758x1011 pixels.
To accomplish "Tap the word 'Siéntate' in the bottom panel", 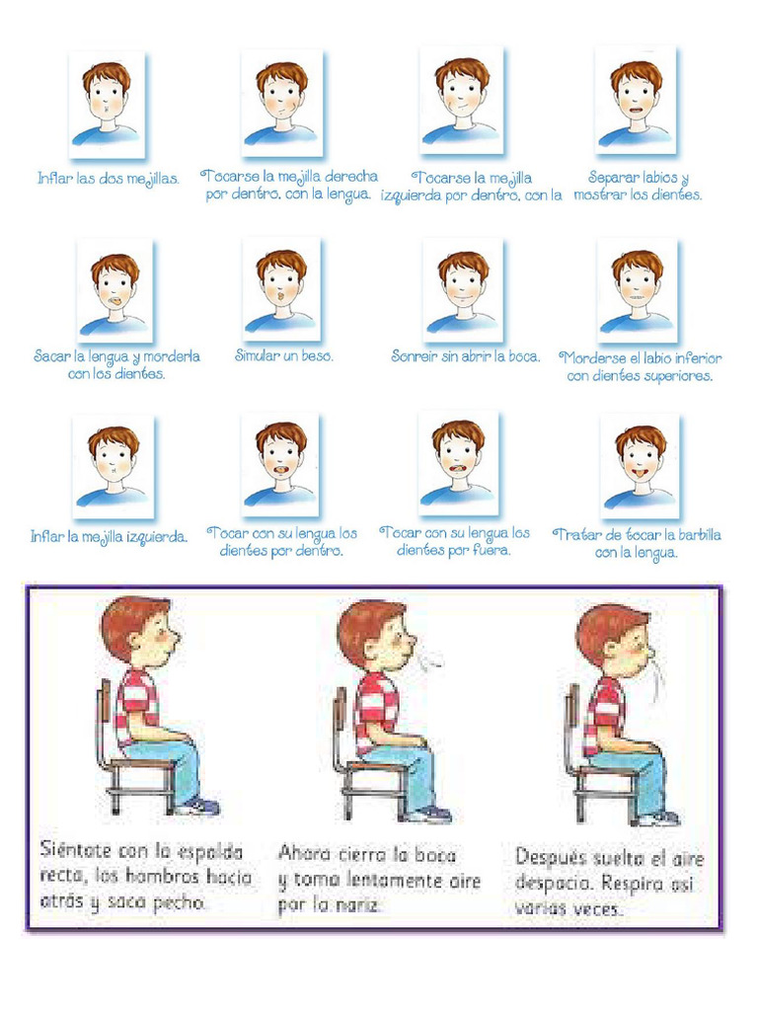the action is (x=76, y=849).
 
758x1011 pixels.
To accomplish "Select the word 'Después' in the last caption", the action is (x=550, y=858).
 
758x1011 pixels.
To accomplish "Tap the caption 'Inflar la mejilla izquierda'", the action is (x=109, y=537).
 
